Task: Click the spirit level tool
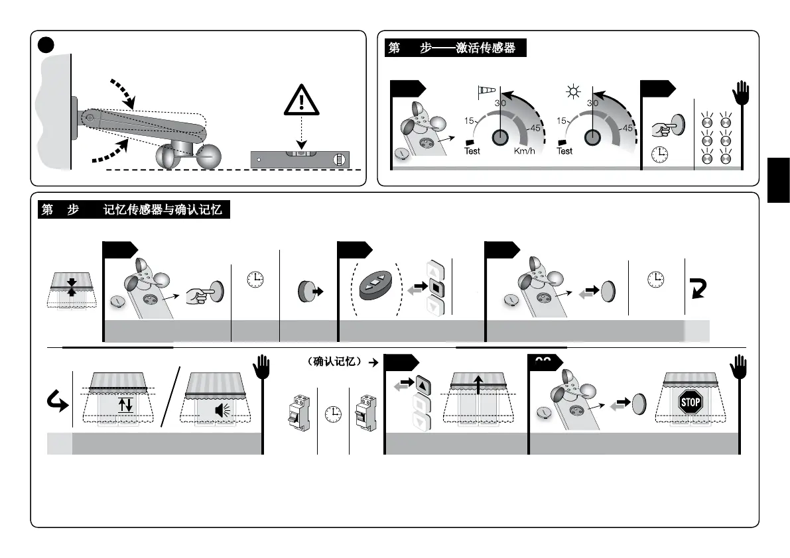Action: pos(300,159)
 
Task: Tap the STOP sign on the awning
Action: pos(691,402)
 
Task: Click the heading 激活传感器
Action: pos(486,48)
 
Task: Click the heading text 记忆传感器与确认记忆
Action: pos(163,211)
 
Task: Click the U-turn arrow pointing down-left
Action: pos(698,288)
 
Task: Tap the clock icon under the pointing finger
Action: pos(659,154)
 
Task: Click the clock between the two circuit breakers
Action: pos(333,413)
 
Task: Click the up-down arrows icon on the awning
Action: pos(125,404)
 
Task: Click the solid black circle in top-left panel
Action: pos(45,44)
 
